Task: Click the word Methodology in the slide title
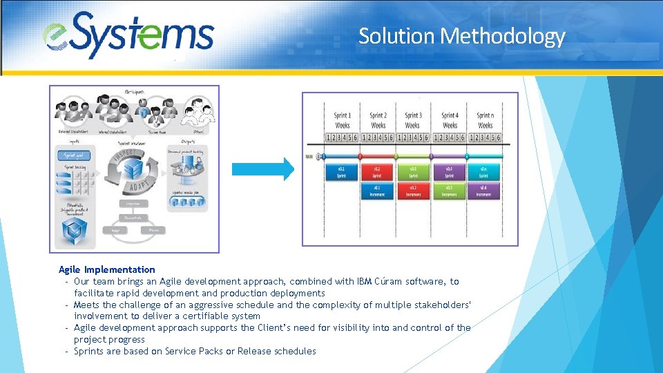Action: click(x=503, y=36)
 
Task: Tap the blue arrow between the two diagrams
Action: click(x=263, y=169)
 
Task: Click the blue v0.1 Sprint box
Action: click(x=342, y=172)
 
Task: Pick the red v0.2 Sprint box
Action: click(x=377, y=172)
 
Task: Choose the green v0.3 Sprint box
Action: click(x=413, y=172)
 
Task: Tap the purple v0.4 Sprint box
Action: click(x=449, y=172)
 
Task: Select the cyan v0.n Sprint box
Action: click(x=485, y=172)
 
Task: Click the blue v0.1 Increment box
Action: click(x=377, y=191)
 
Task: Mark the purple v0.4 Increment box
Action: click(x=484, y=191)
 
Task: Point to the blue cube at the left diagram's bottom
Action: click(x=73, y=232)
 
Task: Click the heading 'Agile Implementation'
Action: click(x=107, y=269)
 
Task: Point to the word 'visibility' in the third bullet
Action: click(x=354, y=328)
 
